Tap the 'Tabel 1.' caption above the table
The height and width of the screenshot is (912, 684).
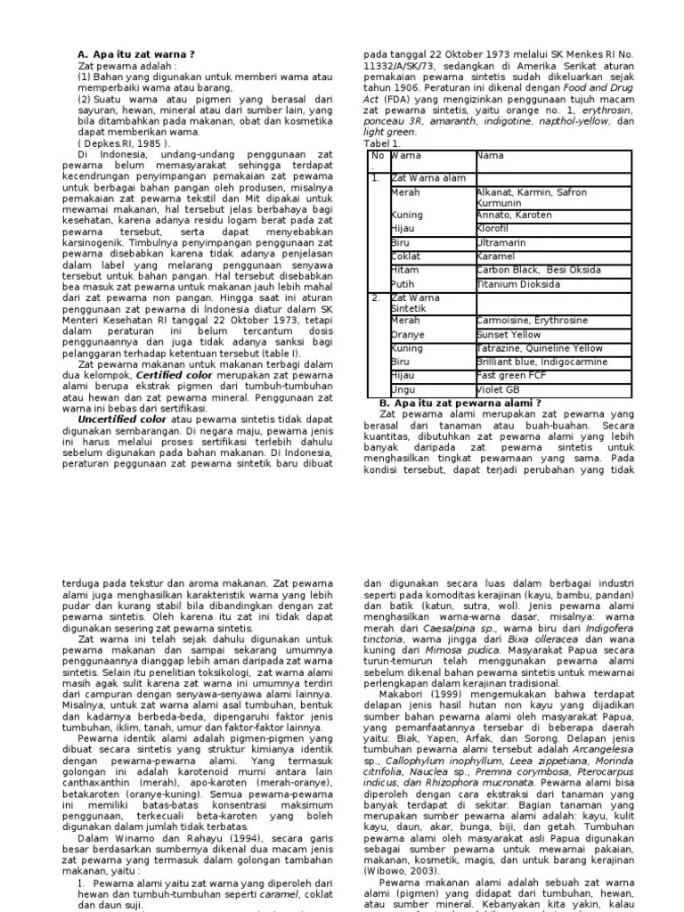pyautogui.click(x=383, y=142)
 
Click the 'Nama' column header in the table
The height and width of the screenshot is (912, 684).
pyautogui.click(x=491, y=156)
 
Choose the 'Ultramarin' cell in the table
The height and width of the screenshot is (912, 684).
pyautogui.click(x=501, y=242)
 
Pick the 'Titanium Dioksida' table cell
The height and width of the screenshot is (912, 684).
pyautogui.click(x=517, y=284)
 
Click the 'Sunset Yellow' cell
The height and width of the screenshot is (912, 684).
pyautogui.click(x=509, y=335)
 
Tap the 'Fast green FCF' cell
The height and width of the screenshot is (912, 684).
pyautogui.click(x=511, y=376)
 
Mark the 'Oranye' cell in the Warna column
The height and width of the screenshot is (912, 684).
pyautogui.click(x=408, y=335)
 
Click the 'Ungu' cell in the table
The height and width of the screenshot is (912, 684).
pyautogui.click(x=404, y=390)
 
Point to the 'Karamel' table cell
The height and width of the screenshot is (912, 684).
pyautogui.click(x=497, y=256)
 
